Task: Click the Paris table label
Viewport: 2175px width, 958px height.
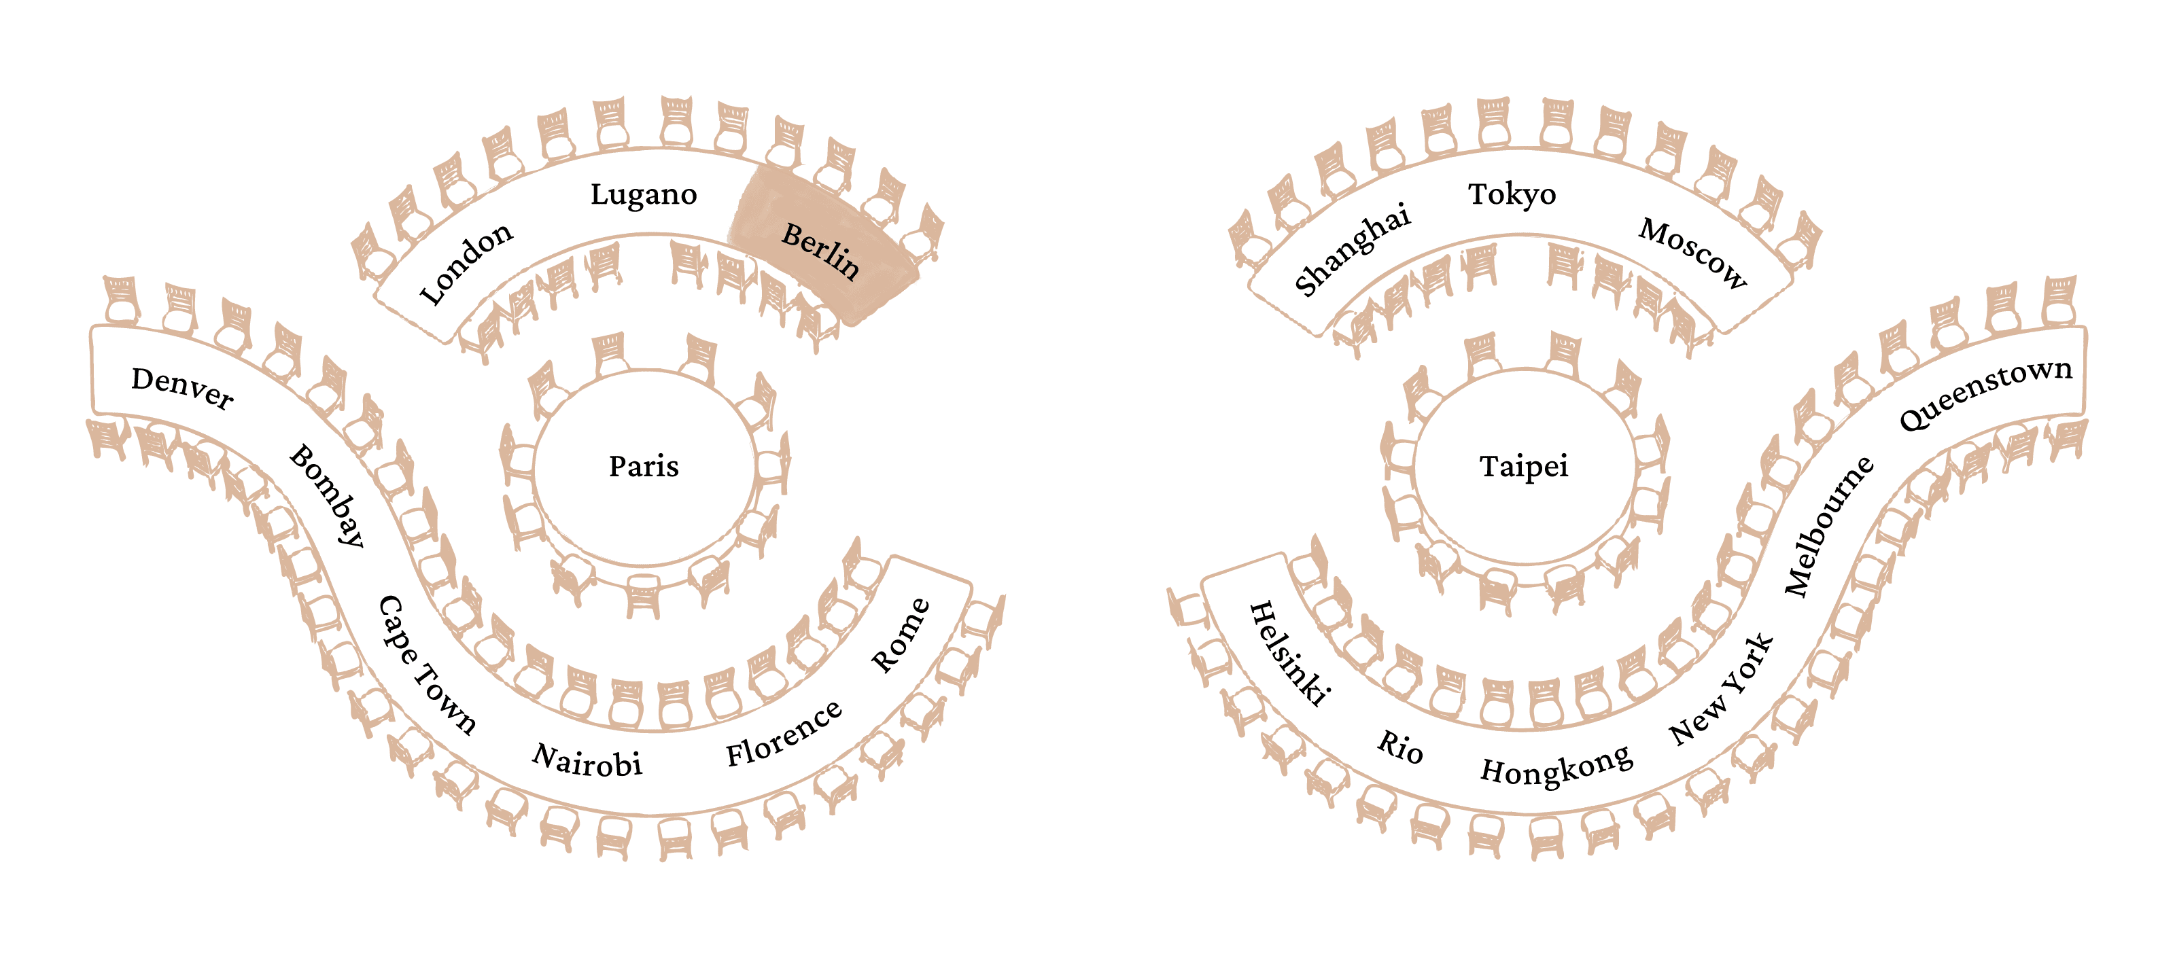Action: coord(644,467)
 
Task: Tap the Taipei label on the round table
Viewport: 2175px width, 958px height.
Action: coord(1524,467)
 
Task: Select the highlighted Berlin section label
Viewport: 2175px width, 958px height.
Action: coord(820,251)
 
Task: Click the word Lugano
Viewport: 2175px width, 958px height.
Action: coord(644,195)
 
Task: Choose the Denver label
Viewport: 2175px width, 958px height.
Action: coord(182,388)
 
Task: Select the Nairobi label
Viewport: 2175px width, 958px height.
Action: coord(587,760)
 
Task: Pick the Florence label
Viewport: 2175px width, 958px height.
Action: coord(784,734)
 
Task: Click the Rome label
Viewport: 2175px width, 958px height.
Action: coord(901,635)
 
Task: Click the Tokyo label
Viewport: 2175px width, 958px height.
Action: coord(1512,195)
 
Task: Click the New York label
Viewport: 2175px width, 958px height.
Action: coord(1722,690)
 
